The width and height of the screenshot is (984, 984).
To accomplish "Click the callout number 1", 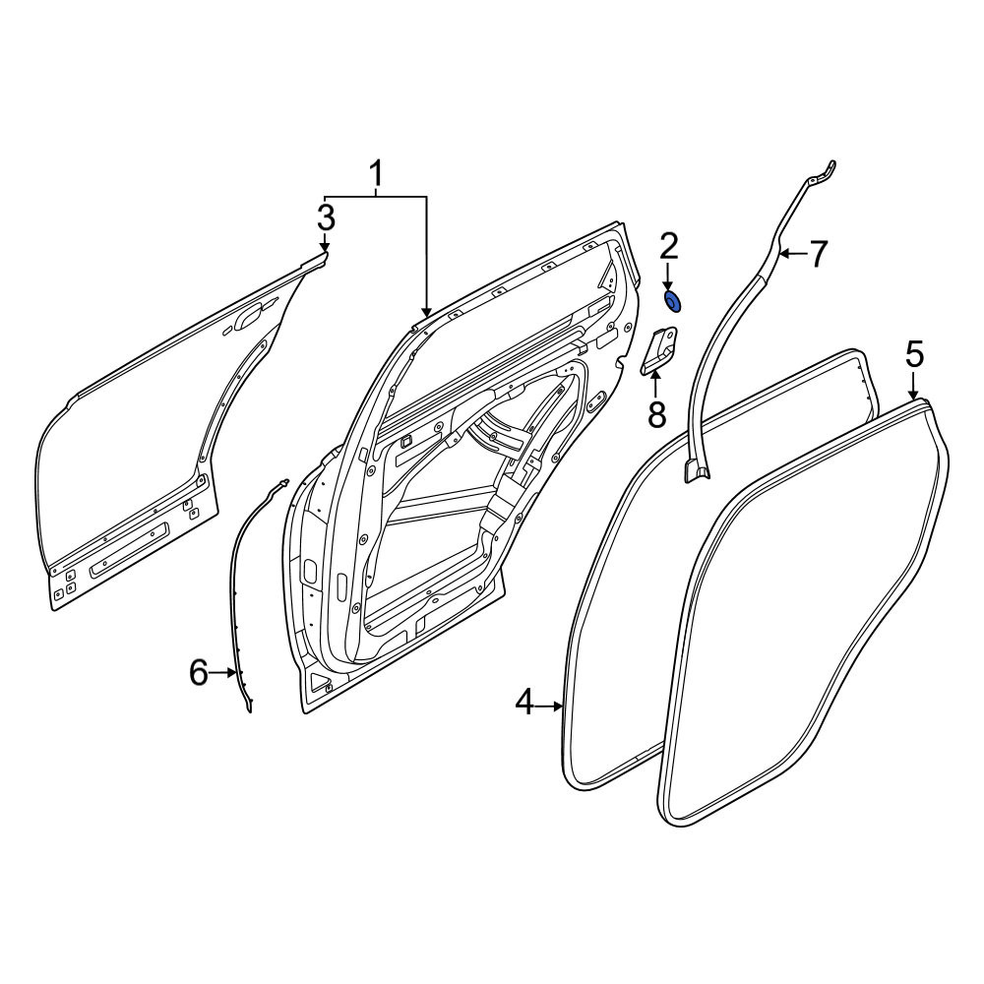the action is pyautogui.click(x=376, y=174).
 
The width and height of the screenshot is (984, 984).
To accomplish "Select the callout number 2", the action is pyautogui.click(x=668, y=247).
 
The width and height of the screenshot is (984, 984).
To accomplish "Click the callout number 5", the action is pyautogui.click(x=915, y=355).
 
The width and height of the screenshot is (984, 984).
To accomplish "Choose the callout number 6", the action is pyautogui.click(x=199, y=673).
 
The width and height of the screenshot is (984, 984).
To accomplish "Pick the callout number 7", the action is pyautogui.click(x=817, y=254).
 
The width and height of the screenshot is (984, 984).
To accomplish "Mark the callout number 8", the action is pyautogui.click(x=656, y=415).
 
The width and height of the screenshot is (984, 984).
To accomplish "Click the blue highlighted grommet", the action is pyautogui.click(x=673, y=302).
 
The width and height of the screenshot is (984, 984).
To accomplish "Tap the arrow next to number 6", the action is pyautogui.click(x=223, y=673).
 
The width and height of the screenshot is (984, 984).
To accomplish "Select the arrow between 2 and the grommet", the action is pyautogui.click(x=668, y=277).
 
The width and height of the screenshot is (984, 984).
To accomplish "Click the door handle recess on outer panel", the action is pyautogui.click(x=249, y=317).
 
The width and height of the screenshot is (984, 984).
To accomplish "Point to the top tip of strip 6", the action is pyautogui.click(x=286, y=481).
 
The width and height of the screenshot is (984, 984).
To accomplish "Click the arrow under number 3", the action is pyautogui.click(x=325, y=242).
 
